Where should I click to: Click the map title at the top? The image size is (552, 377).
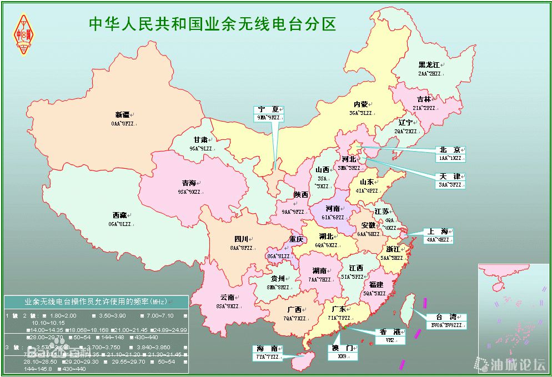[213, 23]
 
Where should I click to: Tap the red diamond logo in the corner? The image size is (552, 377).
[23, 33]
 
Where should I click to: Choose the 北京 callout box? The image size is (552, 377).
[450, 154]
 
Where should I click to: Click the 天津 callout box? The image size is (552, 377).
[450, 180]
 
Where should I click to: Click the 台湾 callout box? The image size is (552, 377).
[446, 321]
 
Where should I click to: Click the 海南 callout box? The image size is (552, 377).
[267, 353]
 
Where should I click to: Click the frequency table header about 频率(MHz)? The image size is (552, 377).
[97, 301]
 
